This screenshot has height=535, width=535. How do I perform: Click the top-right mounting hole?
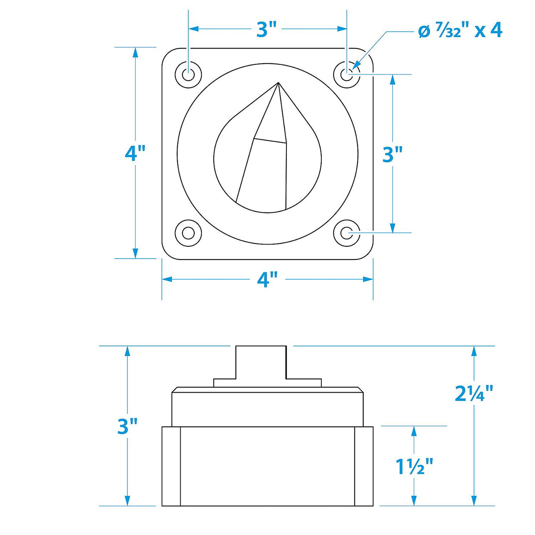point(347,74)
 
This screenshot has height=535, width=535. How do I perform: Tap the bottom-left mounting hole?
point(189,233)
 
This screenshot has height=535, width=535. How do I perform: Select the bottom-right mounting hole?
point(347,233)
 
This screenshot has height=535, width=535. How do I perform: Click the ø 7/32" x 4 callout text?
point(460,31)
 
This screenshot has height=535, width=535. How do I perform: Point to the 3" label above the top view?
point(267,30)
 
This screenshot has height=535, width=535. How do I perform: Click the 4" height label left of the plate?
point(135,153)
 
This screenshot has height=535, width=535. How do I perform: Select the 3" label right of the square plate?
point(393,154)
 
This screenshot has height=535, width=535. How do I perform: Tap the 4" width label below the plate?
point(267,279)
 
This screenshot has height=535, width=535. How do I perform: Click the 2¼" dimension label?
point(474,394)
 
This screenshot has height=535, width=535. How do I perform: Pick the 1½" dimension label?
point(414,467)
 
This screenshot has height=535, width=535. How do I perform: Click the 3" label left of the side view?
point(128,427)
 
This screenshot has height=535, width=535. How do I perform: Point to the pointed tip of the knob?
point(279,83)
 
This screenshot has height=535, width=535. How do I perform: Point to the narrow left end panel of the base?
point(171,466)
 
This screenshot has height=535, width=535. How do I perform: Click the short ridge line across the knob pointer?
point(270,141)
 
